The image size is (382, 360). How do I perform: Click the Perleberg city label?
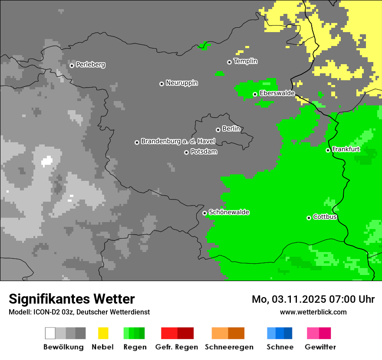click(90, 65)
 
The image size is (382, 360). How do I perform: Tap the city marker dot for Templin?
click(229, 62)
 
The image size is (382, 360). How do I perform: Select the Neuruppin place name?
click(181, 83)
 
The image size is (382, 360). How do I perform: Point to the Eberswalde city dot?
click(255, 94)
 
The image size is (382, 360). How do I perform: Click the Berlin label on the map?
click(231, 129)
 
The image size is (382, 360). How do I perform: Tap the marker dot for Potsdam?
click(186, 152)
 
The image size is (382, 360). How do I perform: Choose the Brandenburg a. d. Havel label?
click(178, 141)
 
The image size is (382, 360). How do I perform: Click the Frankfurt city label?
click(346, 149)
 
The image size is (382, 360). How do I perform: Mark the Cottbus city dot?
click(309, 218)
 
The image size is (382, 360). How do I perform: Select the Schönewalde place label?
click(229, 212)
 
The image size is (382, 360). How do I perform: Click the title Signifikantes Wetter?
click(72, 299)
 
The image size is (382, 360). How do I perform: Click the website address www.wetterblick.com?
click(313, 312)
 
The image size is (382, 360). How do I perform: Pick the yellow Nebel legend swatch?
click(103, 333)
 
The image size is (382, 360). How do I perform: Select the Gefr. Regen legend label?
click(176, 347)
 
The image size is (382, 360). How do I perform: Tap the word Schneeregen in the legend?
click(229, 347)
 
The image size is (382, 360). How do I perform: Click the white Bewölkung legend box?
click(50, 333)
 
